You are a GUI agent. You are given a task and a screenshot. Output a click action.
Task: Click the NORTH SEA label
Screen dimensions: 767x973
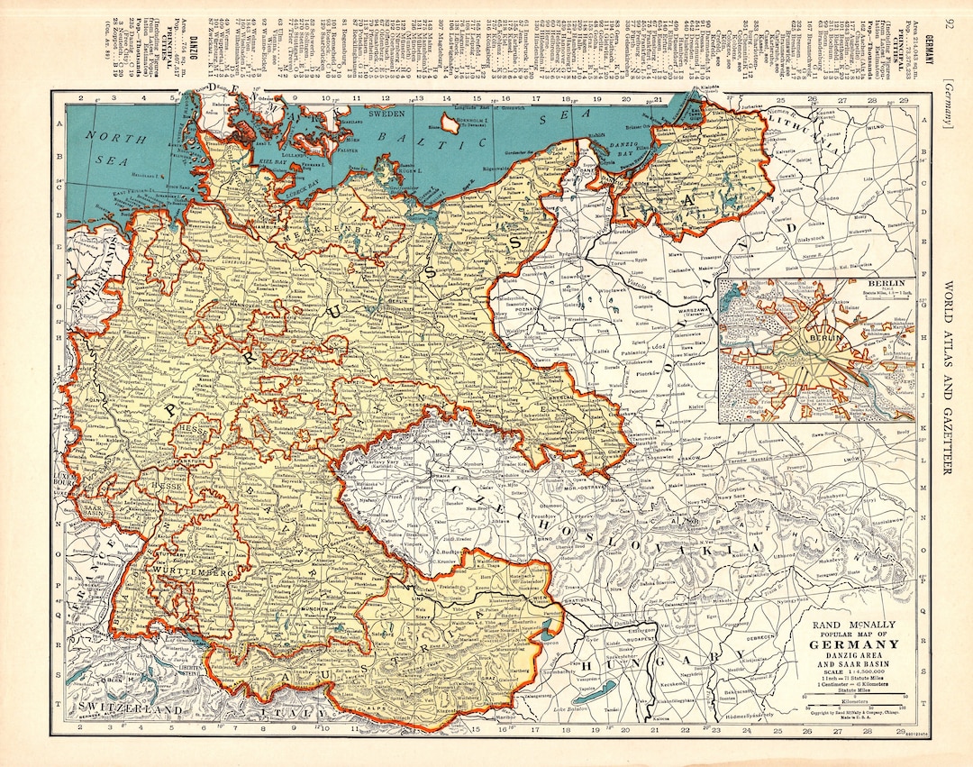tap(114, 145)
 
